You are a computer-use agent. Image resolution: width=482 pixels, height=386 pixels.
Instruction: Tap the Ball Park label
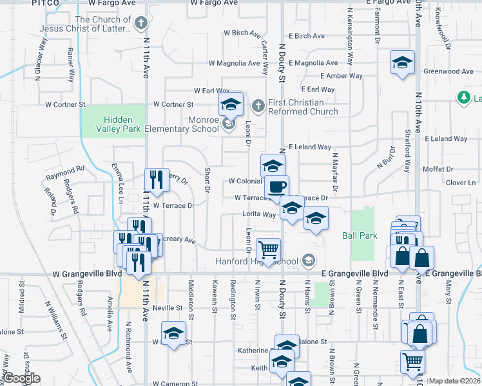pyautogui.click(x=360, y=235)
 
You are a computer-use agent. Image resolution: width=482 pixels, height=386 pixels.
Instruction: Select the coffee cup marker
pyautogui.click(x=277, y=187)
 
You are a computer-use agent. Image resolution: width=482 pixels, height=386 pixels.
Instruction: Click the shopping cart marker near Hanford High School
pyautogui.click(x=268, y=249)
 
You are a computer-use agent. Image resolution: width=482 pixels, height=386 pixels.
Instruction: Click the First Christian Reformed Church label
pyautogui.click(x=302, y=107)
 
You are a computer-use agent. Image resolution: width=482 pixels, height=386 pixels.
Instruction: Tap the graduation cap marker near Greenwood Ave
pyautogui.click(x=402, y=63)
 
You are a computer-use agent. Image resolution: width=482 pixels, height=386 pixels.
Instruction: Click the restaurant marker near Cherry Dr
pyautogui.click(x=157, y=179)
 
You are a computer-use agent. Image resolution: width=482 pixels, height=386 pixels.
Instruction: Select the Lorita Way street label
pyautogui.click(x=258, y=214)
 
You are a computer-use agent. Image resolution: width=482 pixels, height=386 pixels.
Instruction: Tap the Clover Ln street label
pyautogui.click(x=460, y=183)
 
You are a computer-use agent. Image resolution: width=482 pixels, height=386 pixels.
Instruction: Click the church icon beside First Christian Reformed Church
pyautogui.click(x=257, y=105)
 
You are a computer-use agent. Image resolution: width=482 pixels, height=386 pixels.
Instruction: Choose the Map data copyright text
pyautogui.click(x=454, y=381)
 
